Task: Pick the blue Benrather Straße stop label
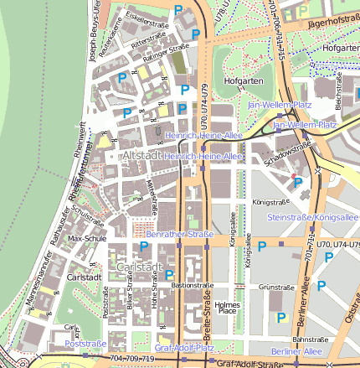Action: pyautogui.click(x=179, y=235)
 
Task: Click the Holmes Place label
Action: pyautogui.click(x=227, y=308)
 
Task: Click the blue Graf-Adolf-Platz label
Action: pyautogui.click(x=184, y=347)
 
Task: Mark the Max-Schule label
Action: pyautogui.click(x=87, y=238)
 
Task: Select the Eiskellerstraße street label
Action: pyautogui.click(x=147, y=14)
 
